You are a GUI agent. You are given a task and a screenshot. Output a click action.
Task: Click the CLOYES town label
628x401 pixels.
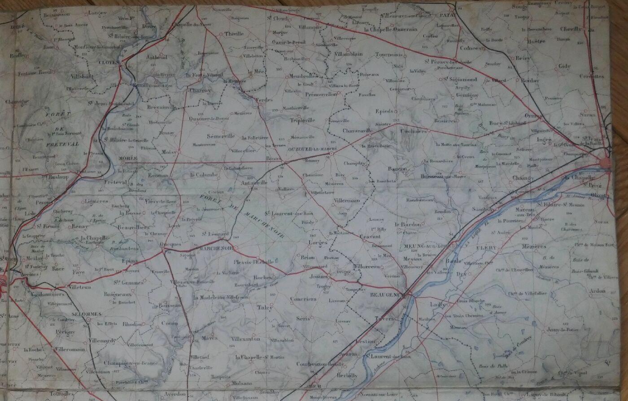tap(108, 63)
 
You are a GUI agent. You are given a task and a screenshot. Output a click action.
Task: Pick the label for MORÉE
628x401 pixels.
tap(128, 158)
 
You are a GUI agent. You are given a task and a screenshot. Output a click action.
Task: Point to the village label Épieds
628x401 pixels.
tap(384, 111)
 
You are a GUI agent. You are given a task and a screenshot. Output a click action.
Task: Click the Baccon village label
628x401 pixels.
tap(398, 168)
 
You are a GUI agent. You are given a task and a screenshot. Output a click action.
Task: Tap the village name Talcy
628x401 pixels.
tap(265, 307)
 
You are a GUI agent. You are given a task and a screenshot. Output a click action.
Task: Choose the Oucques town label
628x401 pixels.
tap(170, 244)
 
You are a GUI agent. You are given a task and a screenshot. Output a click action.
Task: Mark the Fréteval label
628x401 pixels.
tap(116, 182)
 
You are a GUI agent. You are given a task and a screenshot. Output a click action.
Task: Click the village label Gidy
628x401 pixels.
tap(564, 66)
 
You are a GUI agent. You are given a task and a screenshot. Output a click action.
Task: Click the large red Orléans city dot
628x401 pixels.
tap(606, 162)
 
